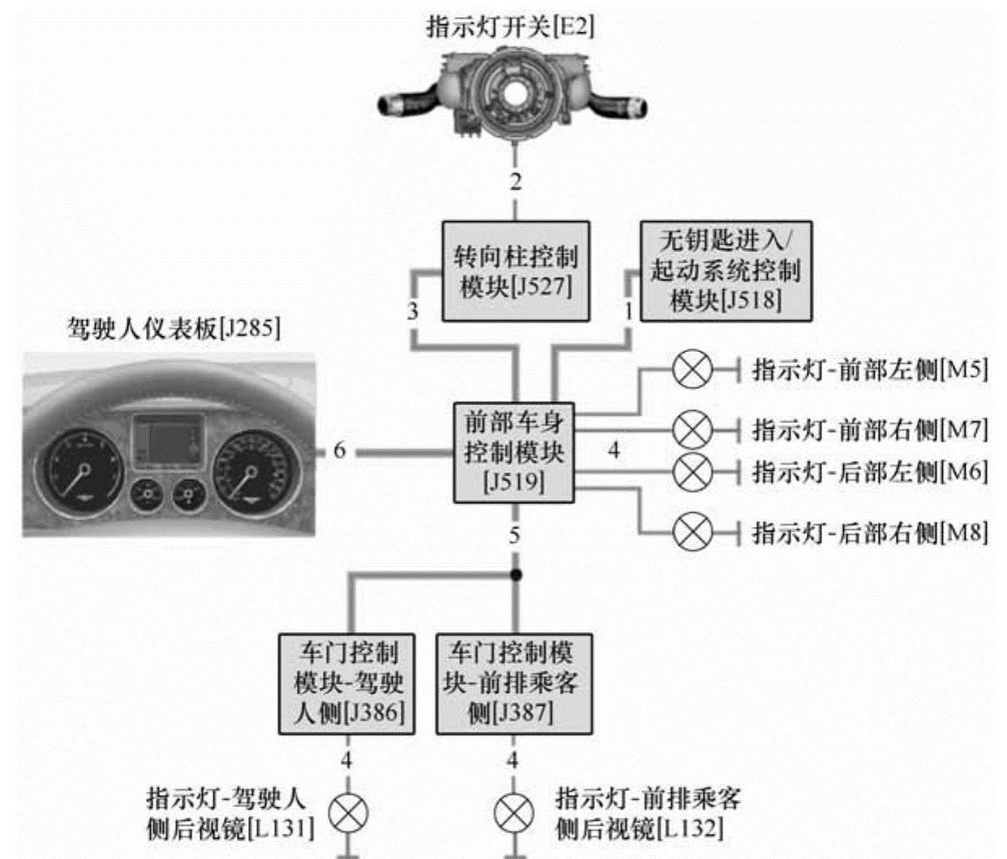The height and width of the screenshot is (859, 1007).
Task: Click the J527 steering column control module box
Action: click(x=516, y=271)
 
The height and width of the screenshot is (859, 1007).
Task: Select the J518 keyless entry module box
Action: click(x=726, y=271)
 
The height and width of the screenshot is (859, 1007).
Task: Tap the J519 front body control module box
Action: click(x=513, y=452)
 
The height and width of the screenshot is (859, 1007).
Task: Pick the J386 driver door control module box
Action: click(x=347, y=683)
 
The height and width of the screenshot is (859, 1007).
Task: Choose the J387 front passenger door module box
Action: click(x=514, y=683)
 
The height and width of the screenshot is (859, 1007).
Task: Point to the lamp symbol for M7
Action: click(x=692, y=429)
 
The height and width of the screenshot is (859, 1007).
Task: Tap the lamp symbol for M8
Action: click(x=692, y=532)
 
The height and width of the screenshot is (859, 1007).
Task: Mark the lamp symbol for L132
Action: click(x=514, y=814)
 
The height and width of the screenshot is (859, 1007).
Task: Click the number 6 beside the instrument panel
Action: click(x=340, y=451)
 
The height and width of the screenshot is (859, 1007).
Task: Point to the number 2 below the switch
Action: click(x=516, y=182)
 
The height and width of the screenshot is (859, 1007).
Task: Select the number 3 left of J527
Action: click(x=413, y=310)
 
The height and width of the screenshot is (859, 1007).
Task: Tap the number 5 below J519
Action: click(x=514, y=536)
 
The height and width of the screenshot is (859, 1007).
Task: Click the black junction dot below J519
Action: click(x=515, y=575)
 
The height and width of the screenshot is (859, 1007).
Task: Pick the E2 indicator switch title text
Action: click(x=510, y=26)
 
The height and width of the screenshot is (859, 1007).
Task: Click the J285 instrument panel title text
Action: click(x=174, y=329)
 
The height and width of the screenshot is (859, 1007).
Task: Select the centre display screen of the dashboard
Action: click(x=168, y=443)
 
